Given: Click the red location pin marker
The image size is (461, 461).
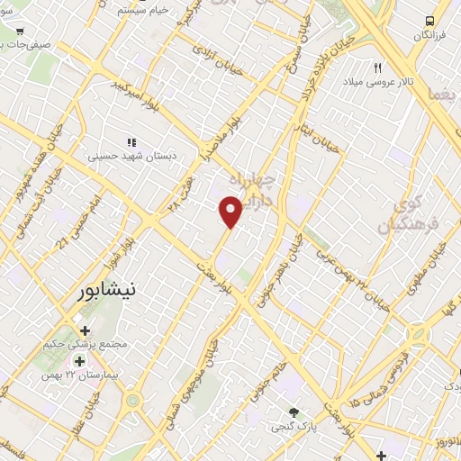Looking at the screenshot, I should pos(231,212).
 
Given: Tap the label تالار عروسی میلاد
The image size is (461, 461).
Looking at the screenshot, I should pos(377,82).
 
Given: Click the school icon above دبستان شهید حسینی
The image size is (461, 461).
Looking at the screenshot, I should pos(131,142).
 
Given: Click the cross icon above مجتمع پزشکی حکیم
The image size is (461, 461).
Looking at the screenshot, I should pos(86,330).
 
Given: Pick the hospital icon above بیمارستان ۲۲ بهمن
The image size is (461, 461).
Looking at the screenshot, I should pos(79,360).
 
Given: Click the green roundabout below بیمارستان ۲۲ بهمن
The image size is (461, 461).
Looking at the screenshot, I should pos(133,400).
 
